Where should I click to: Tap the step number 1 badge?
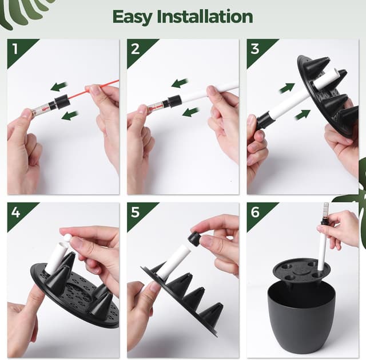(x=15, y=49)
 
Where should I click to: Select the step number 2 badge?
(x=136, y=49)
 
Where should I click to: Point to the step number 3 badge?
(x=256, y=49)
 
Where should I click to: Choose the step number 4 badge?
(x=15, y=212)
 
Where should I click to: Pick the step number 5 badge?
(x=136, y=212)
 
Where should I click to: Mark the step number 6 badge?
(x=256, y=212)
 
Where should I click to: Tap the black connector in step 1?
(x=60, y=104)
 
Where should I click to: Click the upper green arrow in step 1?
(x=58, y=86)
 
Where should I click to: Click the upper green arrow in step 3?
(x=287, y=88)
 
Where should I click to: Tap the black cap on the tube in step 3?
(x=264, y=120)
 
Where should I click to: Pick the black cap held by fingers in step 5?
(x=194, y=239)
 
